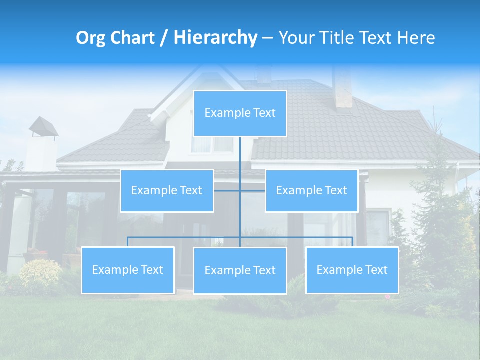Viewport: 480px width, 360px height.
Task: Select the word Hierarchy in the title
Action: [215, 38]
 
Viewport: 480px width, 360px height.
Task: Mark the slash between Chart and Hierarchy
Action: [163, 38]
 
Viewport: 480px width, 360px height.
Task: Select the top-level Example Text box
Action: [240, 113]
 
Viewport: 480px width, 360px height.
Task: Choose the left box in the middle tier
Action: [167, 190]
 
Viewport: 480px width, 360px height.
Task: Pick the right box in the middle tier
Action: [311, 190]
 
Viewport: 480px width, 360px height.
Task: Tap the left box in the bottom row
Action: [128, 270]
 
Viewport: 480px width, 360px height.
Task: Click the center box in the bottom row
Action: [240, 270]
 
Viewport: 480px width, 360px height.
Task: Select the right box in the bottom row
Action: [352, 270]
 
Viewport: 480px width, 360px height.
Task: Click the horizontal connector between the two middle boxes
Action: [240, 190]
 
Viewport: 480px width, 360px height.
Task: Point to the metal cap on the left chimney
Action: [43, 126]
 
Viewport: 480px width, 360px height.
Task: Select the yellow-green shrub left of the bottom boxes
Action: [41, 272]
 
